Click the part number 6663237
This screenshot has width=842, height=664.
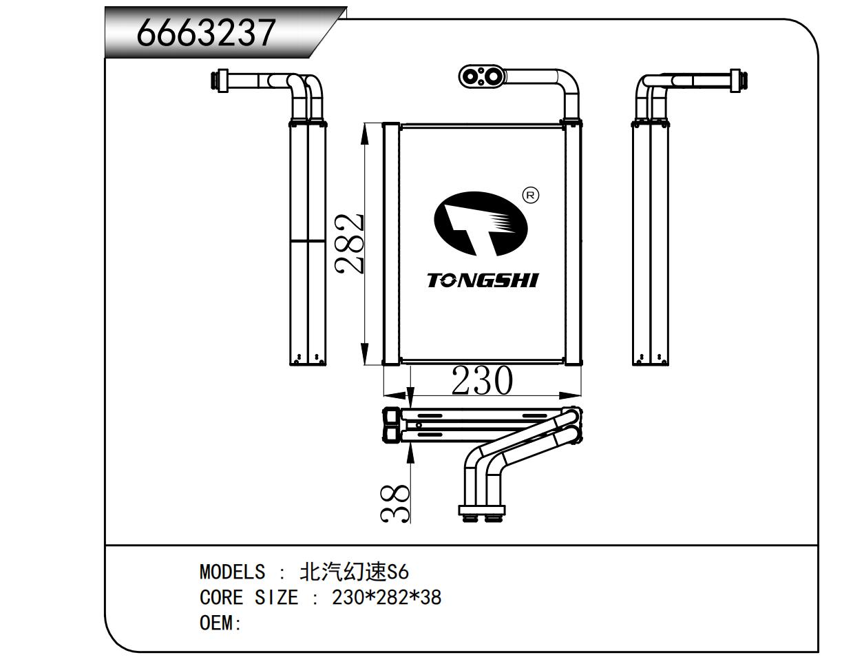tap(207, 32)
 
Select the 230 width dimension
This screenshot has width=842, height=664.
tap(481, 381)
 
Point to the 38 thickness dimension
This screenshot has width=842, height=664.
tap(396, 502)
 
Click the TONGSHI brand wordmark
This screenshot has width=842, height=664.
tap(483, 280)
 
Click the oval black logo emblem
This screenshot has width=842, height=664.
tap(480, 222)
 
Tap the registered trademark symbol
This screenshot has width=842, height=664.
tap(531, 196)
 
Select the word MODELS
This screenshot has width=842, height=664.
tap(231, 572)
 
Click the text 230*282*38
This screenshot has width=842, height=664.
tap(386, 597)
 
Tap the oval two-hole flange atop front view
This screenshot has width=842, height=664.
tap(482, 76)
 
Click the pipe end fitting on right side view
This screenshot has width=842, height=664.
tap(738, 80)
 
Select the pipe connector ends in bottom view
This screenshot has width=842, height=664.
tap(482, 512)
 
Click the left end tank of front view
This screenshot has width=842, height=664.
tap(390, 243)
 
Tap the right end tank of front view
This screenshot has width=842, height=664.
tap(573, 243)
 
